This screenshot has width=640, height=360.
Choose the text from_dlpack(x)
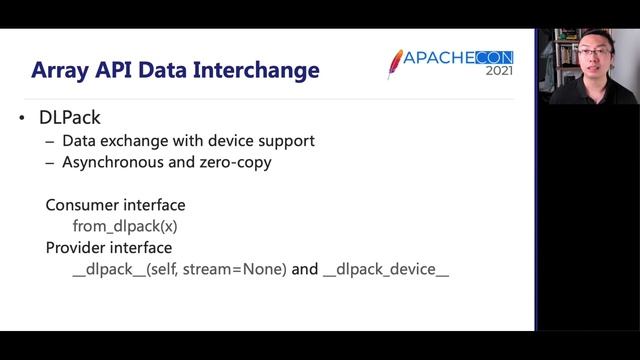125,226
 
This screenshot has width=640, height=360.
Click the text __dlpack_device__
386,269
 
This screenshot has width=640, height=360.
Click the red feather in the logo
395,63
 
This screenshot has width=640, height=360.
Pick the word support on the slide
291,141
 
